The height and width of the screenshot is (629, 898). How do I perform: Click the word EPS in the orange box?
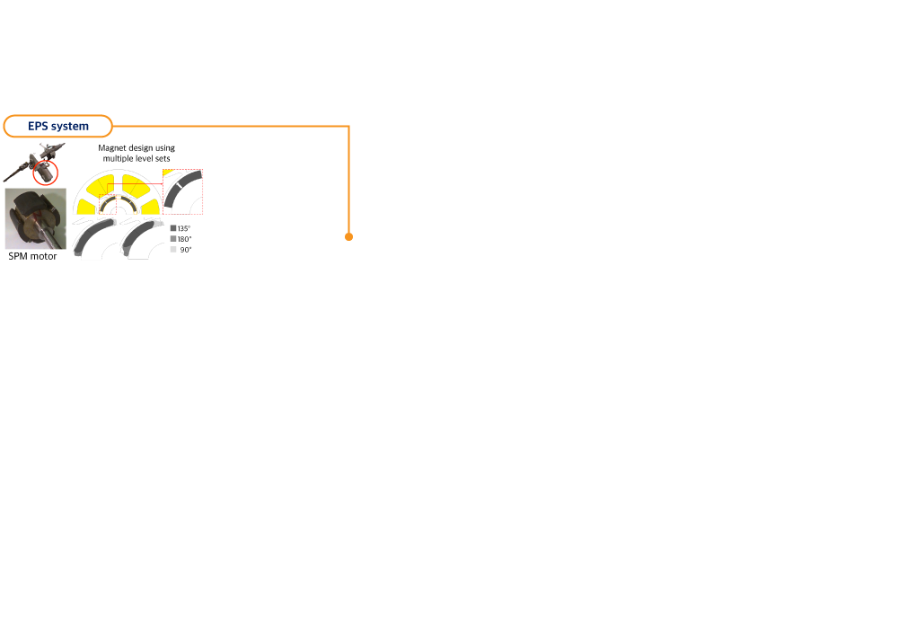click(38, 126)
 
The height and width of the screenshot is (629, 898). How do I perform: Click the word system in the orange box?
click(70, 127)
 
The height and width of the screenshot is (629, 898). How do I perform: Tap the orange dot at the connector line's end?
click(348, 236)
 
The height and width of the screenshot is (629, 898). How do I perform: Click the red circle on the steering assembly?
click(45, 173)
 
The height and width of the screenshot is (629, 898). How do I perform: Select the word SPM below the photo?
click(18, 256)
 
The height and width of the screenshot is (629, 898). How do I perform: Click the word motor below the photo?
click(43, 256)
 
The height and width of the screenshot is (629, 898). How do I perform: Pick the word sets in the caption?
click(163, 158)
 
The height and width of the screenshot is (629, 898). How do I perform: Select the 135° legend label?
click(184, 228)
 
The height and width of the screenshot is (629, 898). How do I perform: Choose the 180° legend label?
click(184, 239)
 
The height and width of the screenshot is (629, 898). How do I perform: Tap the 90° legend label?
click(186, 250)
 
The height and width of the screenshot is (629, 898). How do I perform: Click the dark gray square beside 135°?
click(173, 228)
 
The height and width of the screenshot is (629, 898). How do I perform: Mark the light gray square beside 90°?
click(173, 249)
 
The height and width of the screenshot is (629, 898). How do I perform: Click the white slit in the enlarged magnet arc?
click(179, 185)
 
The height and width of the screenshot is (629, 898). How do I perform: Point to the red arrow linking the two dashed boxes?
click(136, 184)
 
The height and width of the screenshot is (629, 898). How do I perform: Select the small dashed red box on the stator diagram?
click(108, 205)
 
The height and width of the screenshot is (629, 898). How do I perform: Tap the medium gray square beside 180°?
click(173, 238)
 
